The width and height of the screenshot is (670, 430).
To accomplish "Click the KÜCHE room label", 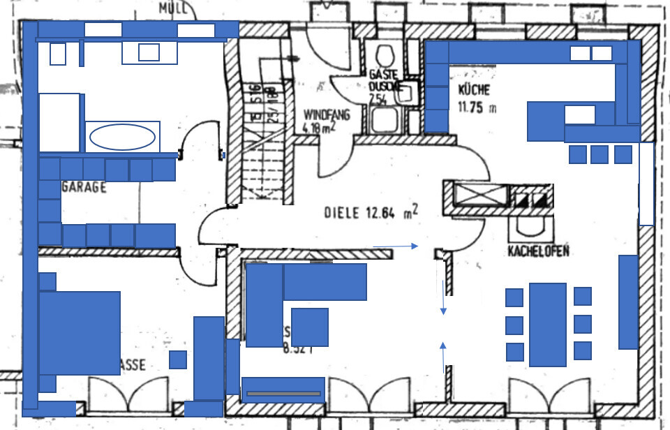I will coord(474,90).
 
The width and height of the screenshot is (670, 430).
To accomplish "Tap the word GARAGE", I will coord(84,187).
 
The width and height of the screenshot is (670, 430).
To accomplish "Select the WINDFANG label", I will coord(327,114).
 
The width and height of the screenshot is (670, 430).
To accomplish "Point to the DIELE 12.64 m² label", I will coord(371,213).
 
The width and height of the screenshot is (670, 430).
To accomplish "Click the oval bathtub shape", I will coord(123,137).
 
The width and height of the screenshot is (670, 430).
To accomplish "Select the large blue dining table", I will coord(547,325).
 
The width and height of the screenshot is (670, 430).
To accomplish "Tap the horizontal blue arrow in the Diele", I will coord(395,246).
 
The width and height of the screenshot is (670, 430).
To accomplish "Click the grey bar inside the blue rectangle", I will coord(283,394).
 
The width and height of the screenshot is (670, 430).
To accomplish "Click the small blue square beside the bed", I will coord(178,359).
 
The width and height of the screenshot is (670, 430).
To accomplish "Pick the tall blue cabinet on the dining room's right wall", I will coord(628,302).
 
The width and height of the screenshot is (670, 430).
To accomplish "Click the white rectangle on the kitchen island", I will coord(579,114).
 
